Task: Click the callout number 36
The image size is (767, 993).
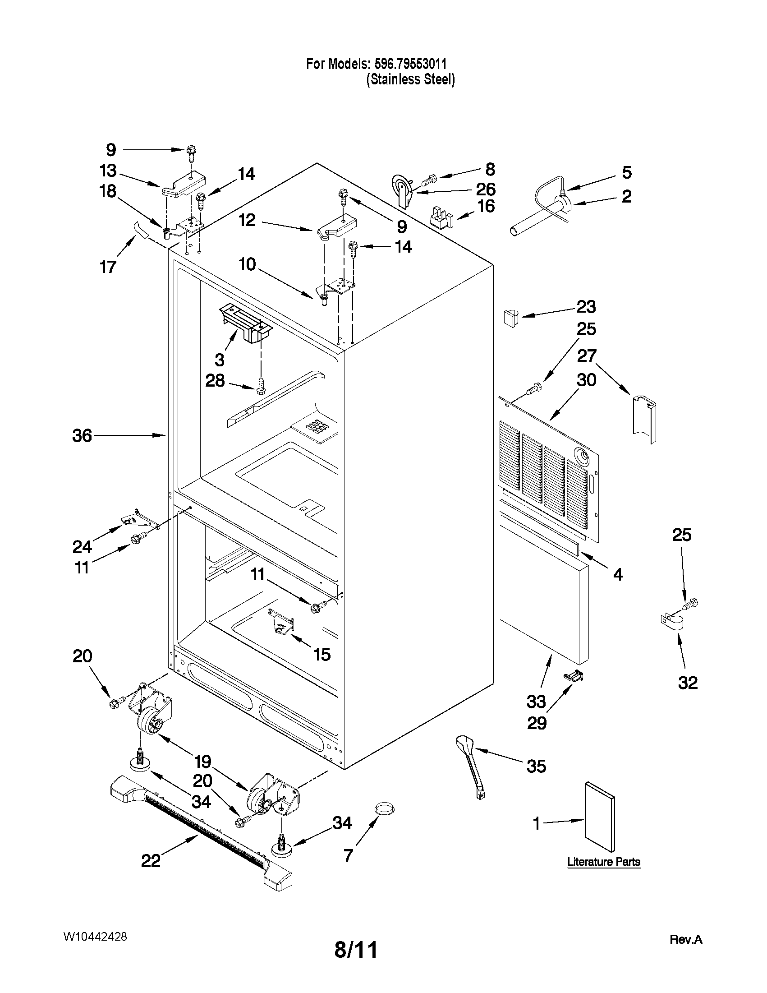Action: tap(82, 435)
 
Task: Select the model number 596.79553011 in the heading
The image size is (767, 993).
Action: tap(409, 64)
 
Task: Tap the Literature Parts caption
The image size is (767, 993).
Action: tap(603, 862)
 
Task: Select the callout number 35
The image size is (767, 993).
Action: tap(536, 766)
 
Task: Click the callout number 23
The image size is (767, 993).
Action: tap(586, 307)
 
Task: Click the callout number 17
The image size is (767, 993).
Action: tap(108, 267)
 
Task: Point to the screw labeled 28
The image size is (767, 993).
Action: tap(261, 386)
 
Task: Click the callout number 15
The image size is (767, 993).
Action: tap(321, 655)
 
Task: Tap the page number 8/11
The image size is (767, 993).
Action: tap(356, 950)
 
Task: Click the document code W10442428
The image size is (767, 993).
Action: tap(95, 937)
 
